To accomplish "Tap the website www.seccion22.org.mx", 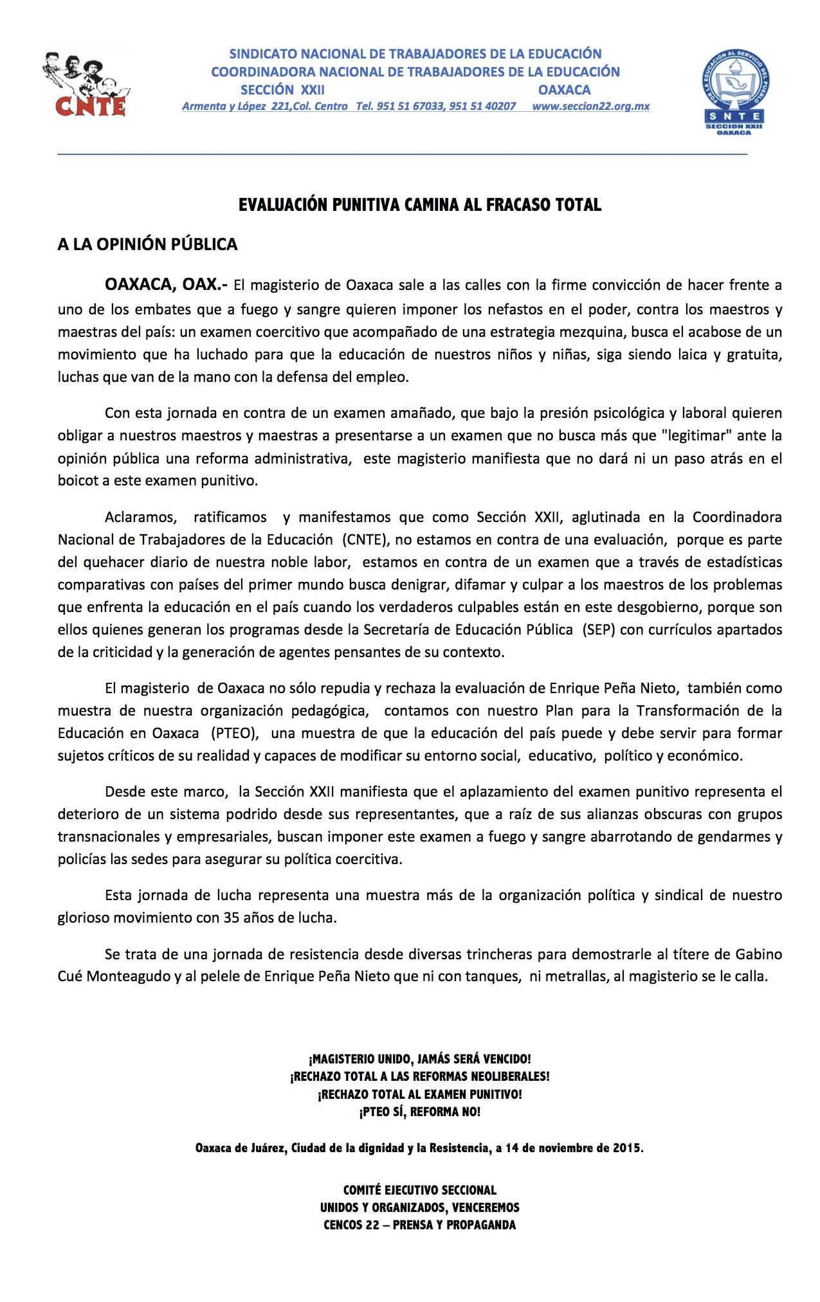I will (x=590, y=107).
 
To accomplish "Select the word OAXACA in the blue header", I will (x=564, y=90).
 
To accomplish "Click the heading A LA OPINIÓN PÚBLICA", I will (x=147, y=244).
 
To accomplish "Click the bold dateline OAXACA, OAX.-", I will (x=166, y=285).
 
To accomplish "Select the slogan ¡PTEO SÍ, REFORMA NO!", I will (x=419, y=1112).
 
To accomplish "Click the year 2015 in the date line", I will (x=626, y=1148).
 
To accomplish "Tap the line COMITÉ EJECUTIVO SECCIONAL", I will (x=419, y=1190).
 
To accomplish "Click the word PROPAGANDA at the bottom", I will (x=480, y=1225).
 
